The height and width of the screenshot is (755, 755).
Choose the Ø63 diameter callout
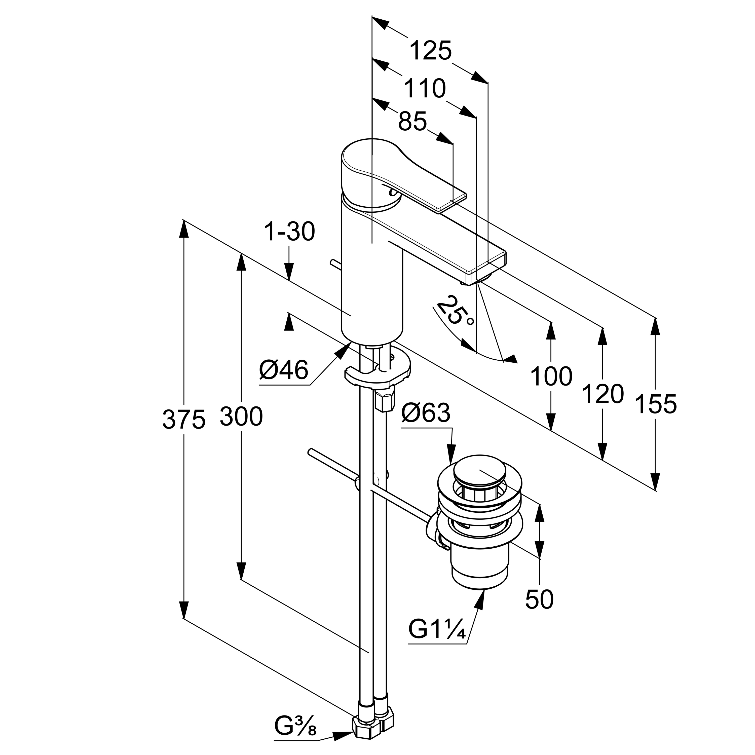pyautogui.click(x=426, y=413)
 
